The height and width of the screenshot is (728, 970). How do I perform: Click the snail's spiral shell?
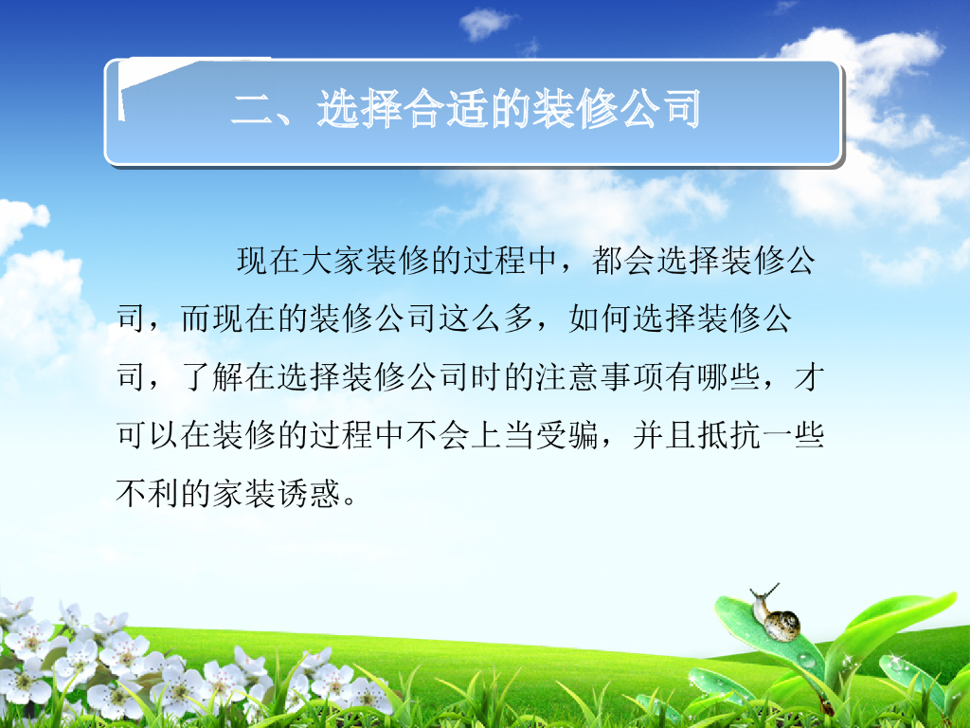tap(782, 624)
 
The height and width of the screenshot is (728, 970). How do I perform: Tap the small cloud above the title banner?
tap(487, 24)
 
